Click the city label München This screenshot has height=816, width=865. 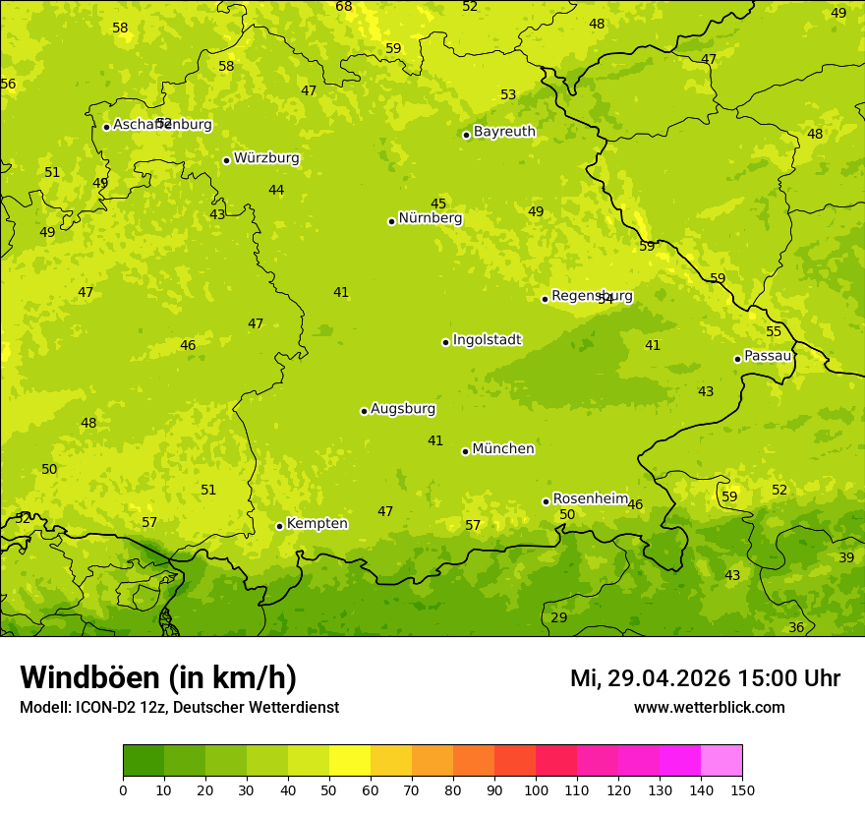(503, 449)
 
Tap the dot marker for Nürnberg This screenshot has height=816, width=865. (391, 221)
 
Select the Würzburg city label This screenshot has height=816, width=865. (266, 158)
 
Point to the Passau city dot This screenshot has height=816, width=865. (737, 359)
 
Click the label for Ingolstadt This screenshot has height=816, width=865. (487, 340)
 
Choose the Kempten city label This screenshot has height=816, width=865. (317, 524)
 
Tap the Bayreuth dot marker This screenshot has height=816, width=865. (466, 135)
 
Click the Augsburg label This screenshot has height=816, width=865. (403, 409)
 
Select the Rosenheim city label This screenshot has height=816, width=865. (590, 499)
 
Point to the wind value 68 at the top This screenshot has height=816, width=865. (344, 7)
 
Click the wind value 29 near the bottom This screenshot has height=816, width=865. (559, 617)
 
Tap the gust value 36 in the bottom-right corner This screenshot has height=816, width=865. (796, 627)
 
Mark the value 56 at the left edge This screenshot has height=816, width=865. (8, 85)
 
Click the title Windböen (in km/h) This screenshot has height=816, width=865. (158, 677)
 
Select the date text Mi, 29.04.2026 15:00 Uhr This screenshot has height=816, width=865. (705, 678)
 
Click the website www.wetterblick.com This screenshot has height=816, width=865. (709, 708)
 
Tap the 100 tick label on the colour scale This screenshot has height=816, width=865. (536, 789)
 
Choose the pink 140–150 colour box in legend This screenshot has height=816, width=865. (721, 761)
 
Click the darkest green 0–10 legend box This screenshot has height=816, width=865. (144, 761)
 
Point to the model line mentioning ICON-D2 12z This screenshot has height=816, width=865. (179, 708)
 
